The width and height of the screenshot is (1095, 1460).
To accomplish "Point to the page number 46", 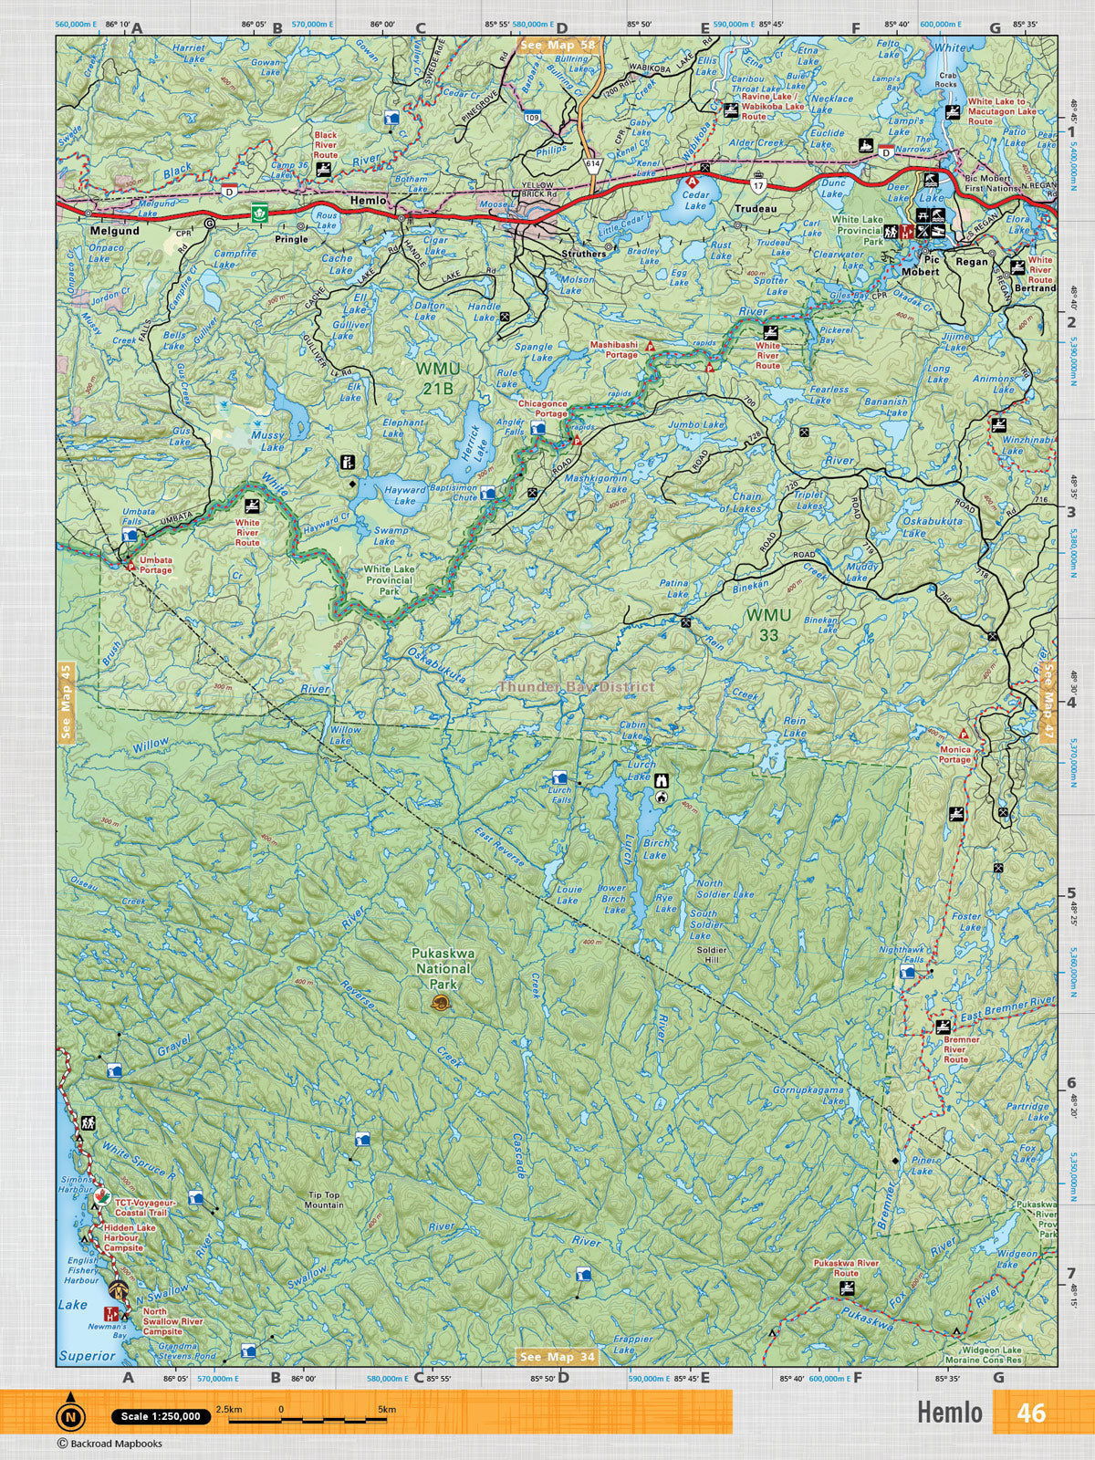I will [x=1031, y=1413].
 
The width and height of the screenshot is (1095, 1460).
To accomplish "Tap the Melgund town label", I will [x=114, y=232].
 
